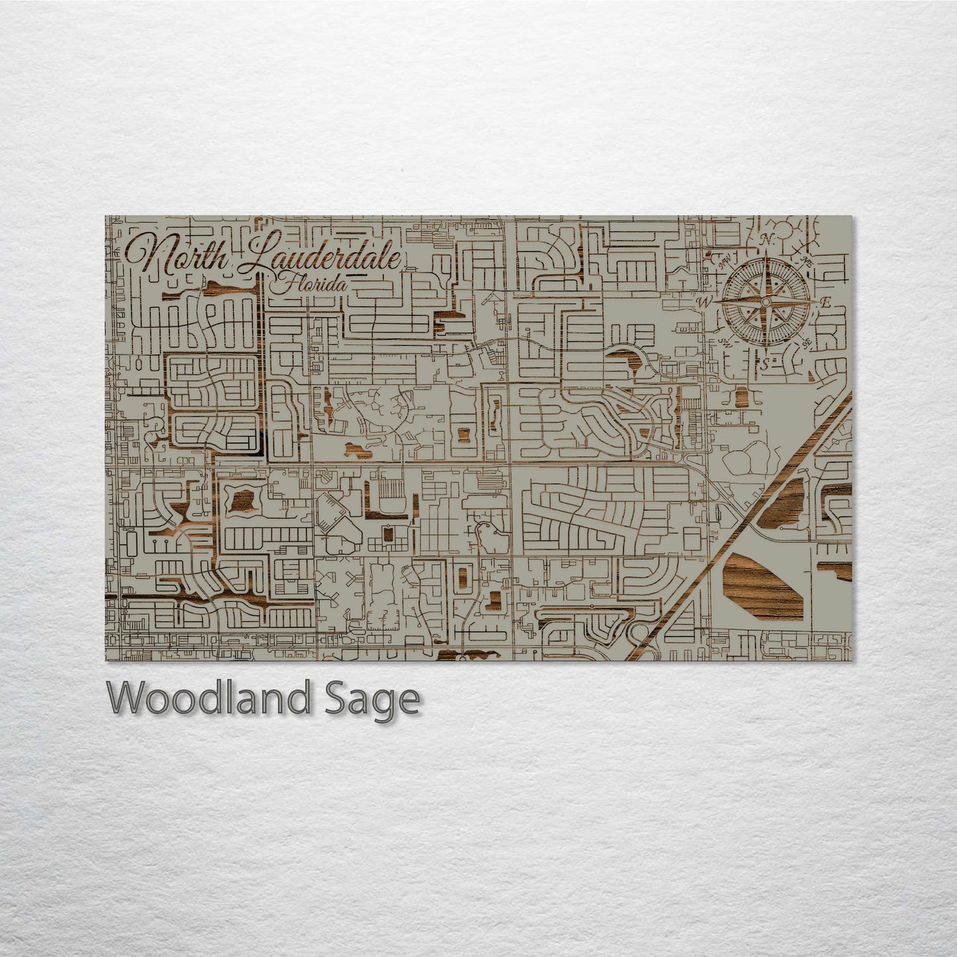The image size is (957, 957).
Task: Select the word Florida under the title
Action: coord(308,285)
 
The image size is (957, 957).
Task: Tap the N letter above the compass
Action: coord(768,239)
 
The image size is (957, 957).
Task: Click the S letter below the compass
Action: coord(764,364)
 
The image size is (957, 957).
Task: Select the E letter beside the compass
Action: coord(825,303)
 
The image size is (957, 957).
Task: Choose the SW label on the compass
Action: coord(726,342)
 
